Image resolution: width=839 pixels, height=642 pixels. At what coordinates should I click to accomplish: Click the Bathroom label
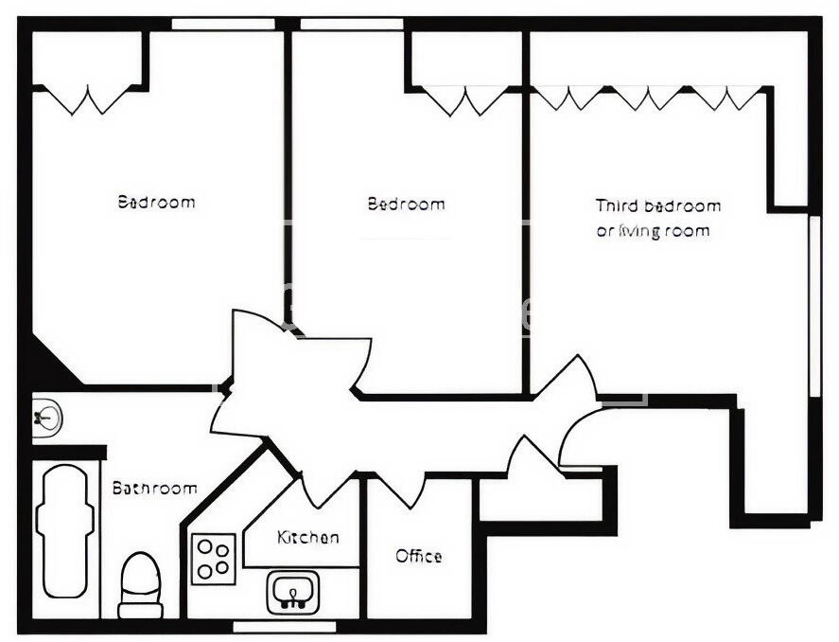[155, 489]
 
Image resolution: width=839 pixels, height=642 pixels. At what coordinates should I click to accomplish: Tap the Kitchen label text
[307, 538]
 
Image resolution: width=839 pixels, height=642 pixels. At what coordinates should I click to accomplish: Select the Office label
[418, 556]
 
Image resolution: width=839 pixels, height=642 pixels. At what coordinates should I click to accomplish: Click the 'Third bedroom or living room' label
[657, 218]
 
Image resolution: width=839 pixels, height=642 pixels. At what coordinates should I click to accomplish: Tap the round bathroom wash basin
[46, 416]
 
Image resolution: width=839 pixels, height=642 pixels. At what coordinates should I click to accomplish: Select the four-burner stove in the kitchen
[214, 559]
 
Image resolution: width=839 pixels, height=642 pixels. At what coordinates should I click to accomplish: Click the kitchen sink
[294, 593]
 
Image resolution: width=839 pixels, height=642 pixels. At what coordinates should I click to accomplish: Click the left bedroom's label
[156, 202]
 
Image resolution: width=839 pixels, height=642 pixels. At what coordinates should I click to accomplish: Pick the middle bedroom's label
[406, 204]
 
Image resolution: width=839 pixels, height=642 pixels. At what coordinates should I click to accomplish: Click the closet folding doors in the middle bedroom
[464, 98]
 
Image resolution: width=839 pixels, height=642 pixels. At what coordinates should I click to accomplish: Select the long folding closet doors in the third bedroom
[649, 97]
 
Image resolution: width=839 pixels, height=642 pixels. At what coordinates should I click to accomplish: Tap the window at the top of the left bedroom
[223, 24]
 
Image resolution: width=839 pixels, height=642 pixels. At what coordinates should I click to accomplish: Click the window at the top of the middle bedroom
[350, 24]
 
